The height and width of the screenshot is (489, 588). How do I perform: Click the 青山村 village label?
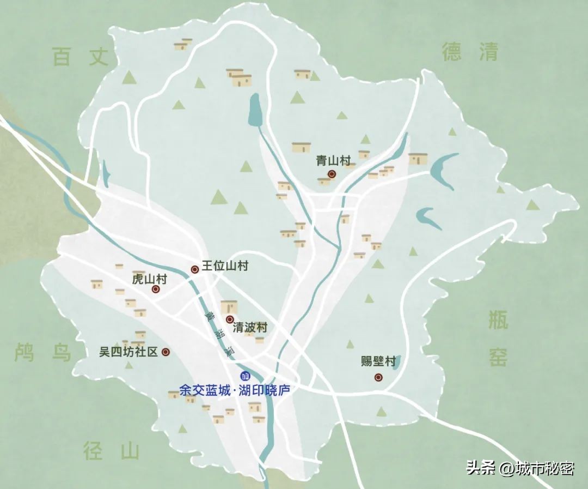(333, 161)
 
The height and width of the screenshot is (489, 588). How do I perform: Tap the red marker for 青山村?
(332, 174)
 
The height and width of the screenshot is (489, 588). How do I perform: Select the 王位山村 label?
(225, 266)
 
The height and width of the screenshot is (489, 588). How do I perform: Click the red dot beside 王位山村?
(194, 269)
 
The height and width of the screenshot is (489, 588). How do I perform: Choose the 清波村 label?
(250, 328)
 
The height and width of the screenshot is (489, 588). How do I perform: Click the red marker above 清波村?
(230, 319)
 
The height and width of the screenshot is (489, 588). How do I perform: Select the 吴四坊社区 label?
(128, 352)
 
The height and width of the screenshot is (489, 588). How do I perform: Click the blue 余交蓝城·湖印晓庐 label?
(234, 391)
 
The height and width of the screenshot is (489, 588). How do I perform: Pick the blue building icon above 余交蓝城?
(245, 376)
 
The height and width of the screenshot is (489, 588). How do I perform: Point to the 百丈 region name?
(81, 57)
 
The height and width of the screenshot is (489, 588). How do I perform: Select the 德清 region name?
(470, 52)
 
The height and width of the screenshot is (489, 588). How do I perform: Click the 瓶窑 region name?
(498, 339)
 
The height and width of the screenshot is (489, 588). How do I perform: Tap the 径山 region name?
(112, 451)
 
